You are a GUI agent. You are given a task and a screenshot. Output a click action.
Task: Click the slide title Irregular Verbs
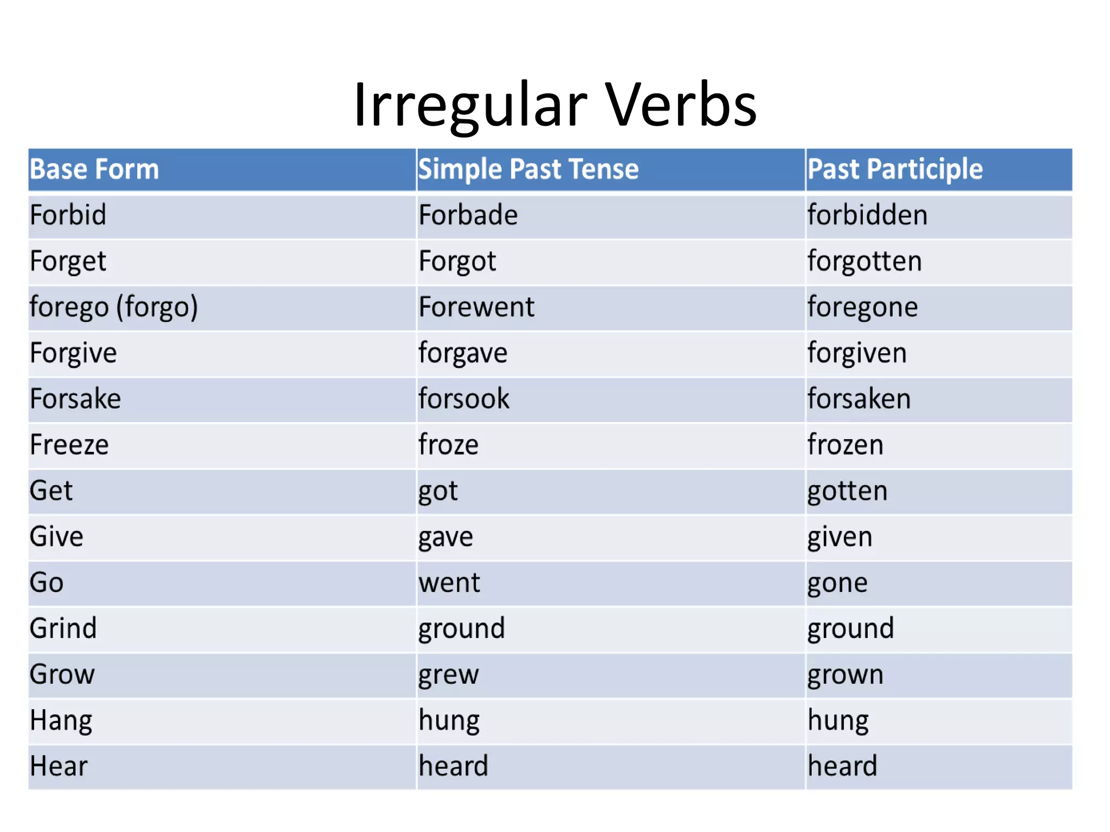[555, 105]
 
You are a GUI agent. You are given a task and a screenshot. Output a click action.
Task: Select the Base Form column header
[94, 169]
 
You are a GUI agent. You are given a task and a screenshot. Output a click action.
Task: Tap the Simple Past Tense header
[528, 169]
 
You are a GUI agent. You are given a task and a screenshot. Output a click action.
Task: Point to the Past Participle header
[895, 169]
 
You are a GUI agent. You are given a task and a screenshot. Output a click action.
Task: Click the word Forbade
[468, 215]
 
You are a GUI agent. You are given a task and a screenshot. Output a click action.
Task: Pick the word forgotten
[864, 261]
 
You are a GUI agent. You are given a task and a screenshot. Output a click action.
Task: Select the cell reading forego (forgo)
[114, 307]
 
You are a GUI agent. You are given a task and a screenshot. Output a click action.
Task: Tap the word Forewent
[476, 307]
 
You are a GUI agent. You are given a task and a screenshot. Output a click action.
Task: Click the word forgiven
[857, 353]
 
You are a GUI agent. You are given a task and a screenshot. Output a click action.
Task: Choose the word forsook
[464, 399]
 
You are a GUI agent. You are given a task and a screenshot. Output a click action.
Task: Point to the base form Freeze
[69, 445]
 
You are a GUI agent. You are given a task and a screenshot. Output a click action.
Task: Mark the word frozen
[846, 445]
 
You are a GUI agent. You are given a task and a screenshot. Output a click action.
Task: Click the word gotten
[848, 491]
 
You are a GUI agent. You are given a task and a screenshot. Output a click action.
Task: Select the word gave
[446, 537]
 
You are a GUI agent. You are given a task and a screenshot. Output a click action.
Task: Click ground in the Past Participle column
[850, 629]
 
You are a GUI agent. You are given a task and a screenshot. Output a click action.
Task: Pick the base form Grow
[62, 675]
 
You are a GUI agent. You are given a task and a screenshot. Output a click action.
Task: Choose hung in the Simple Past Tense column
[449, 721]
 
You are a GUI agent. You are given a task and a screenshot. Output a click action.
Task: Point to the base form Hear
[59, 766]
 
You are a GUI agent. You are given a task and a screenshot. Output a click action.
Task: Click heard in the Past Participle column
[842, 766]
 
